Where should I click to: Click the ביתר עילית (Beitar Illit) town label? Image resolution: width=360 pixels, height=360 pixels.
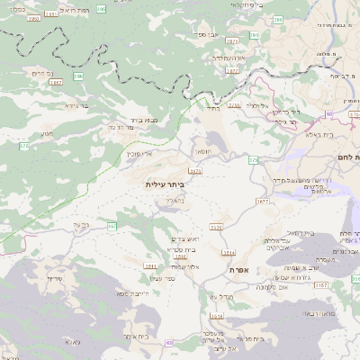pyautogui.click(x=163, y=184)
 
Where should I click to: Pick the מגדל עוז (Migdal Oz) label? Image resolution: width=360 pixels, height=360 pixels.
pyautogui.click(x=220, y=296)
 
